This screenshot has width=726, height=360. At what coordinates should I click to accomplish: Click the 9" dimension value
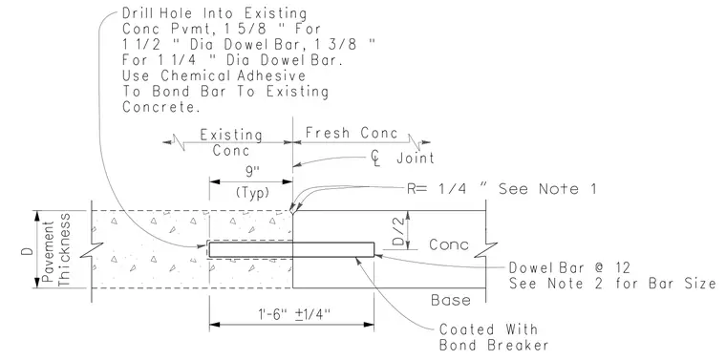(252, 172)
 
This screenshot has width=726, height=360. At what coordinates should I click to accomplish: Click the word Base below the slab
(451, 300)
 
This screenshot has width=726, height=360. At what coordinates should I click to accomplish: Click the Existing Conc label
(231, 142)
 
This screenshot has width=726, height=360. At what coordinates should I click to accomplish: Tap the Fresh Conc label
(352, 134)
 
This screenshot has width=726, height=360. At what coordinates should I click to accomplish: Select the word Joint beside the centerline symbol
(416, 158)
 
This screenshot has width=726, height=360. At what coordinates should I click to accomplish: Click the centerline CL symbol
(375, 159)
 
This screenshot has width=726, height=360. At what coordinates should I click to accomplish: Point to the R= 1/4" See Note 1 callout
(502, 189)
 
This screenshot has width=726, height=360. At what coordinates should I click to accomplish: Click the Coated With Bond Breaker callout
(494, 337)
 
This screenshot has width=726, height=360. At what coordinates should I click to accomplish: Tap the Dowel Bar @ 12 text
(569, 267)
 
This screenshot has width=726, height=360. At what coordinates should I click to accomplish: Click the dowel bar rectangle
(291, 249)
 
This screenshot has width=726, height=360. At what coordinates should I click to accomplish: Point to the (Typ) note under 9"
(252, 193)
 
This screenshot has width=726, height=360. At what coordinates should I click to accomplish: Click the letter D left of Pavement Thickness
(29, 252)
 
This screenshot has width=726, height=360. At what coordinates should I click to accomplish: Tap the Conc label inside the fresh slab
(449, 244)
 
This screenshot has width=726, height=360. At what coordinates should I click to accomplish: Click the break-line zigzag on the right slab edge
(485, 249)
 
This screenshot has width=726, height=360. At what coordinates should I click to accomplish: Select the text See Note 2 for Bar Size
(612, 284)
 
